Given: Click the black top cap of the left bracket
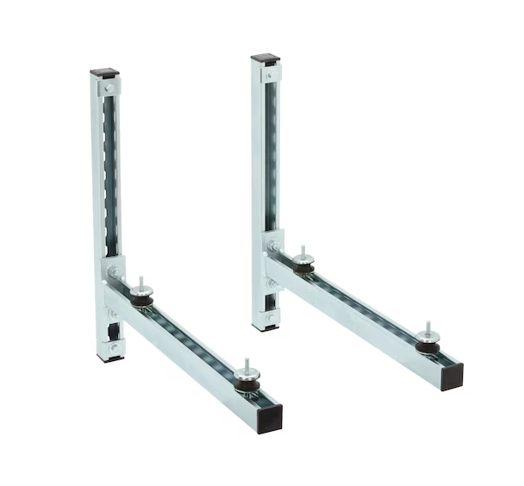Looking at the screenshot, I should tap(104, 74).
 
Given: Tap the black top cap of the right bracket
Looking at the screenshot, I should tap(265, 59).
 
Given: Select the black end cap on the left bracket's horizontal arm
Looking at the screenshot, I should tap(270, 419).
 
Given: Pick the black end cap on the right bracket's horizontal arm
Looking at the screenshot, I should tap(452, 377).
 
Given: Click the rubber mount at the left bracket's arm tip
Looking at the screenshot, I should tap(245, 380).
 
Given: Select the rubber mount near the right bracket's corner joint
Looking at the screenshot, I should tap(302, 266).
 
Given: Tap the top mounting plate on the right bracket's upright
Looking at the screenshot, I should tap(270, 74).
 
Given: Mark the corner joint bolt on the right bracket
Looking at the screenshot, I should tap(274, 246).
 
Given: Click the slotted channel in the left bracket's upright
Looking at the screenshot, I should tap(110, 172).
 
